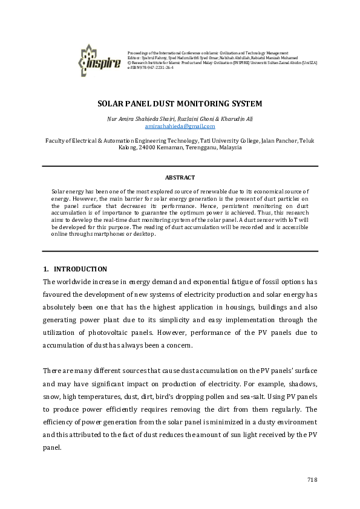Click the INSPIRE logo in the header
point(99,58)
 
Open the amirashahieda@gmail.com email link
point(180,126)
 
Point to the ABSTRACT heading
point(180,177)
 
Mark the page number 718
point(312,479)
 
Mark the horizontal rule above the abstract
point(180,167)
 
